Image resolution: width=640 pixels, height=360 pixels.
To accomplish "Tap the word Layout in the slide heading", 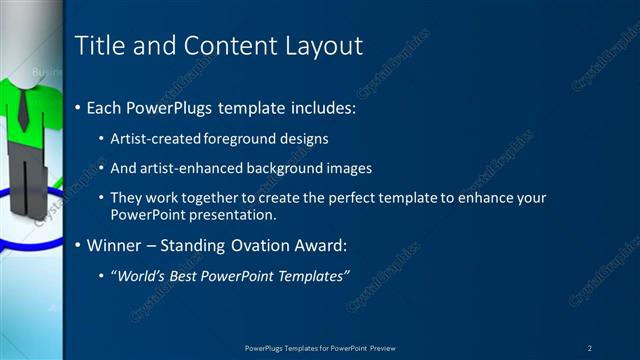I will [x=322, y=45].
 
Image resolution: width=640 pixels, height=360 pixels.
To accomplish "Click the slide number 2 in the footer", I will [x=590, y=348].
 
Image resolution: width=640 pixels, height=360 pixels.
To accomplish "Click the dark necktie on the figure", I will [x=22, y=110].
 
